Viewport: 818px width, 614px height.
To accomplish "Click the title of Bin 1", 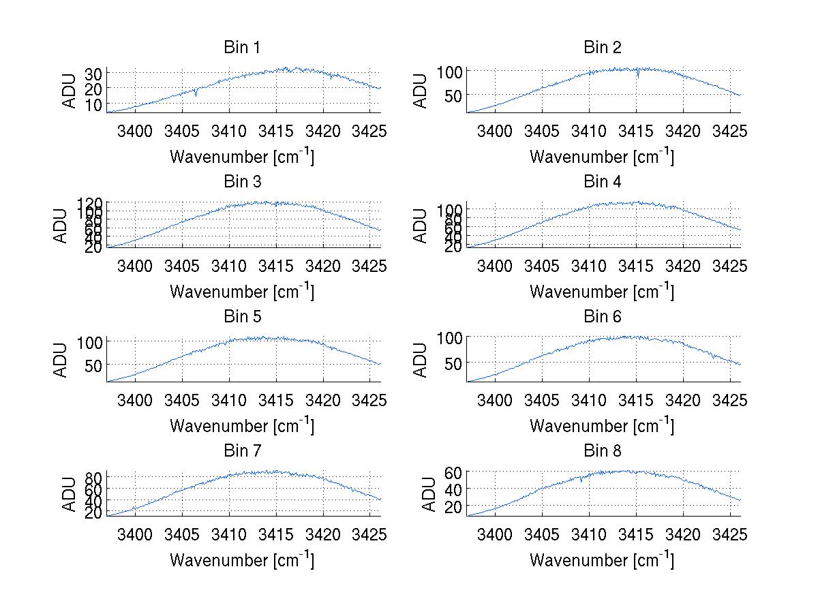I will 242,48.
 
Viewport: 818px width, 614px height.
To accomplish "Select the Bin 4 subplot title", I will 603,182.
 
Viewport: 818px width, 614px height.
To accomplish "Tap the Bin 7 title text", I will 242,451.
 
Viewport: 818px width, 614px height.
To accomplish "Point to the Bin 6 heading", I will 603,317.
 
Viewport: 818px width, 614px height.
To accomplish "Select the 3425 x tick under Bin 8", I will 731,534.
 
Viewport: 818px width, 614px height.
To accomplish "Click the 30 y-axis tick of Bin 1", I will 93,73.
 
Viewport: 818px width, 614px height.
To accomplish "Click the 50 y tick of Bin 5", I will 93,365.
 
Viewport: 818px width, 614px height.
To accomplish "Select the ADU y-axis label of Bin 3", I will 61,225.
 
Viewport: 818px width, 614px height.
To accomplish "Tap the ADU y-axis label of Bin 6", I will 421,359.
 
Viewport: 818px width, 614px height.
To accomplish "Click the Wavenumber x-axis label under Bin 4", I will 602,291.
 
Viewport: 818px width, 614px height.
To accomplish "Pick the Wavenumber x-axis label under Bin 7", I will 242,559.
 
